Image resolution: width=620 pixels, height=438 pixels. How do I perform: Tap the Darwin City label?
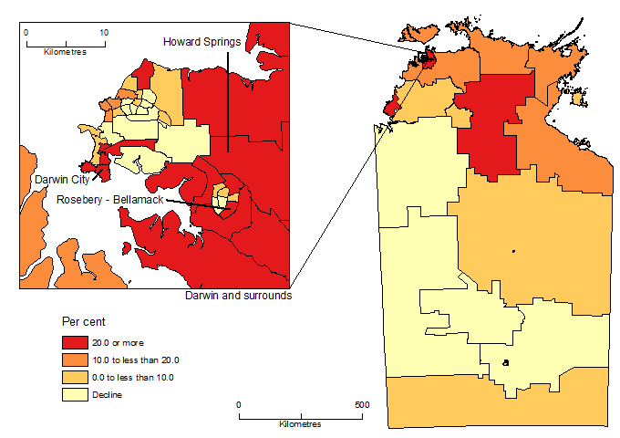pos(58,181)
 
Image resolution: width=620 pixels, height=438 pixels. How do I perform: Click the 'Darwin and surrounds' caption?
pos(238,297)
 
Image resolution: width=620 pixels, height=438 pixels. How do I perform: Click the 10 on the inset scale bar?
pos(104,32)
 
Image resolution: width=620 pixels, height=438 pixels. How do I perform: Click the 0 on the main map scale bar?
pos(239,404)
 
